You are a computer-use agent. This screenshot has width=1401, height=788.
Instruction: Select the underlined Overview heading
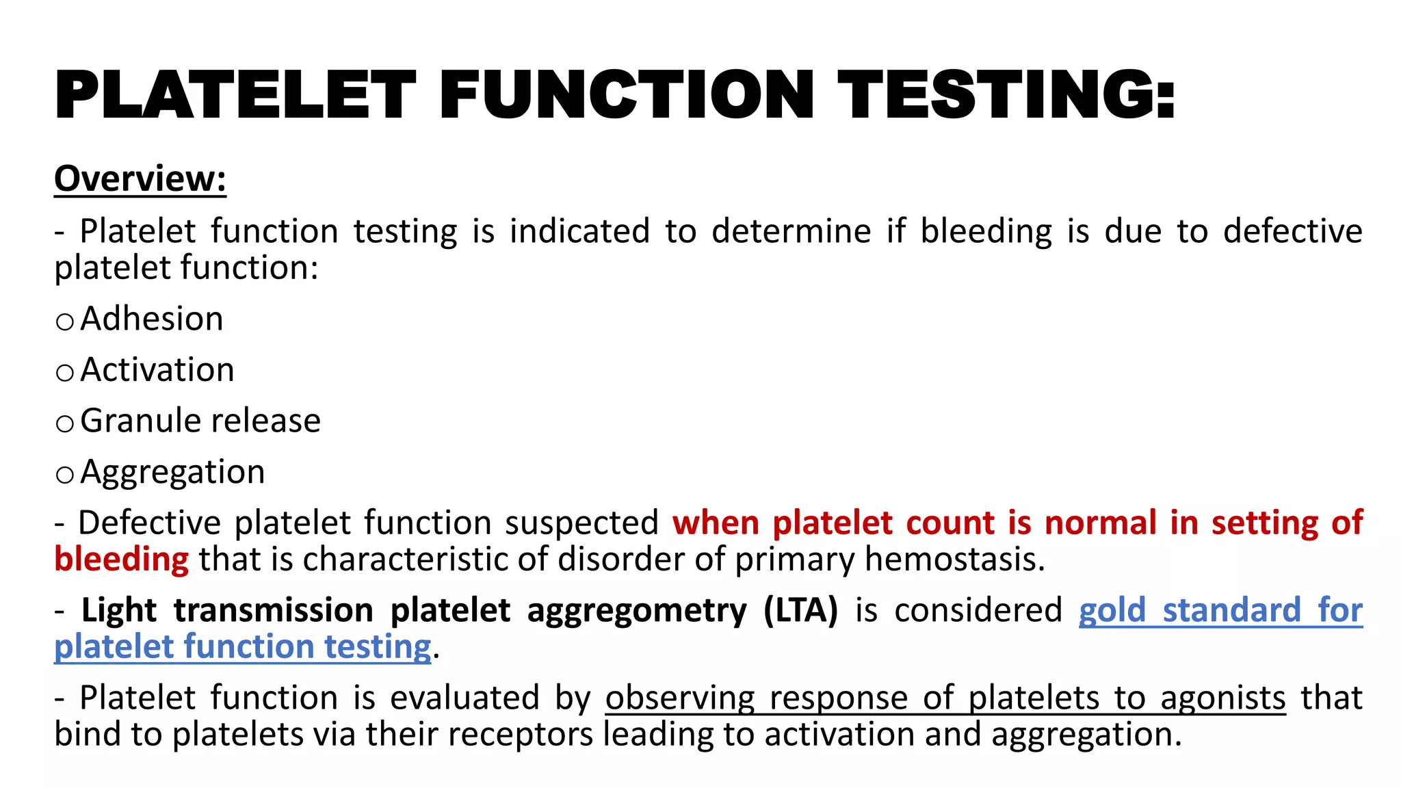(140, 179)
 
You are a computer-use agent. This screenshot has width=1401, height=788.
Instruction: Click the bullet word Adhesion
(152, 319)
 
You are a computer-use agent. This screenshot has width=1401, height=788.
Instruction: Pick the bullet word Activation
(157, 370)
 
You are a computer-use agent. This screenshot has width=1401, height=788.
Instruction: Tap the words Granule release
(200, 421)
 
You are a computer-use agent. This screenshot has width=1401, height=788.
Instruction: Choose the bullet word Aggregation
(172, 473)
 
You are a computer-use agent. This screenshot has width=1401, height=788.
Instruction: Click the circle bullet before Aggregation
(65, 475)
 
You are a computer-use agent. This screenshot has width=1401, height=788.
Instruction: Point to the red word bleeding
(121, 560)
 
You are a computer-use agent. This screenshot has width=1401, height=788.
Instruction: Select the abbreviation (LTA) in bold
(800, 611)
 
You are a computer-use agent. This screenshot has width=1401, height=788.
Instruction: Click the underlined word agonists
(1222, 698)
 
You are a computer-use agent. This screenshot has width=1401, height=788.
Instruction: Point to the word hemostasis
(954, 560)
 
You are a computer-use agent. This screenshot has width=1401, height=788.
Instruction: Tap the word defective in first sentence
(1292, 231)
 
